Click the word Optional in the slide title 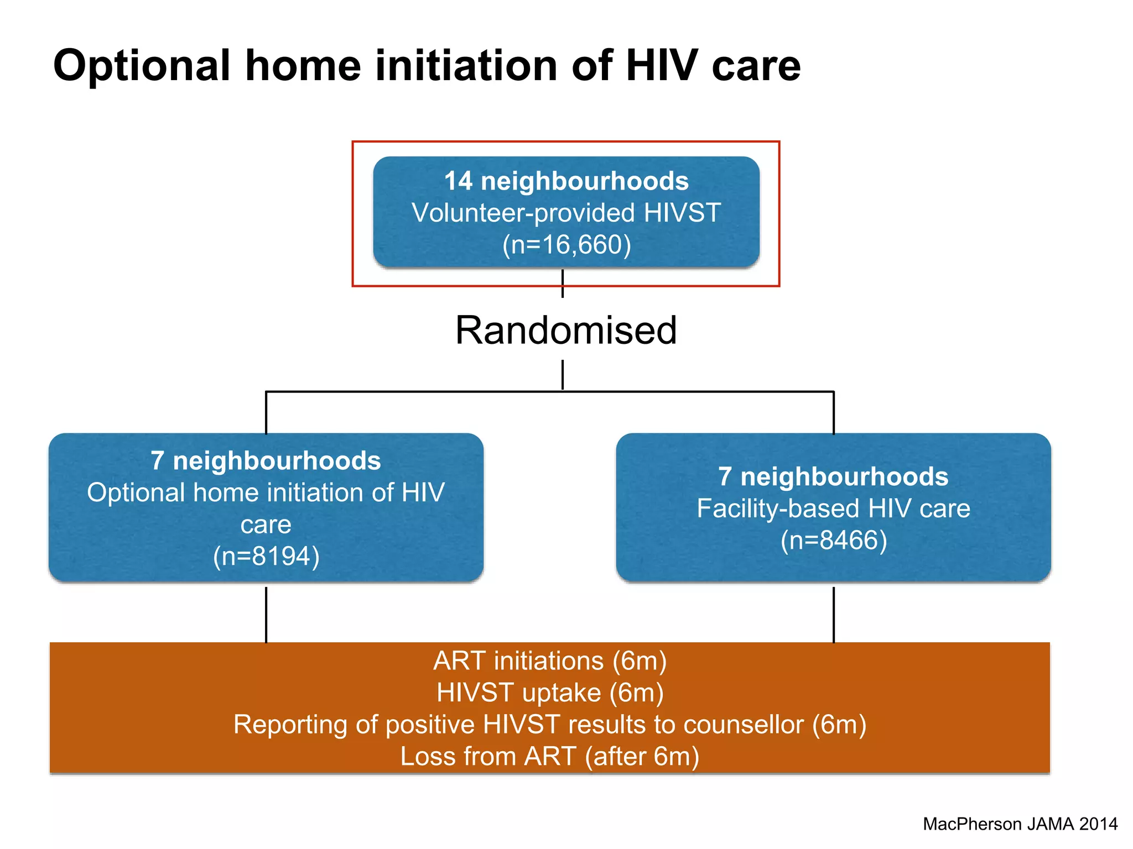(x=141, y=66)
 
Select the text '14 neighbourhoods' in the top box (x=566, y=181)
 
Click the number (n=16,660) (x=566, y=245)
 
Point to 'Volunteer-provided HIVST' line (x=566, y=213)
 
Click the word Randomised (x=566, y=331)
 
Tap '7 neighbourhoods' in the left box (x=266, y=461)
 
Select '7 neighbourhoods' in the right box (x=833, y=477)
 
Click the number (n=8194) (x=266, y=557)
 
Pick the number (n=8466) (x=833, y=541)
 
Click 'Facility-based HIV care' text (x=833, y=509)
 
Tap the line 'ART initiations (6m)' (x=550, y=661)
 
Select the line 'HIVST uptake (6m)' (x=550, y=693)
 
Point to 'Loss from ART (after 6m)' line (x=550, y=757)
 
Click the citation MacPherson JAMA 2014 (x=1020, y=824)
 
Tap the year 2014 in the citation (x=1098, y=824)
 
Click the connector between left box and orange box (x=266, y=614)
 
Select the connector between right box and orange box (x=833, y=614)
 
